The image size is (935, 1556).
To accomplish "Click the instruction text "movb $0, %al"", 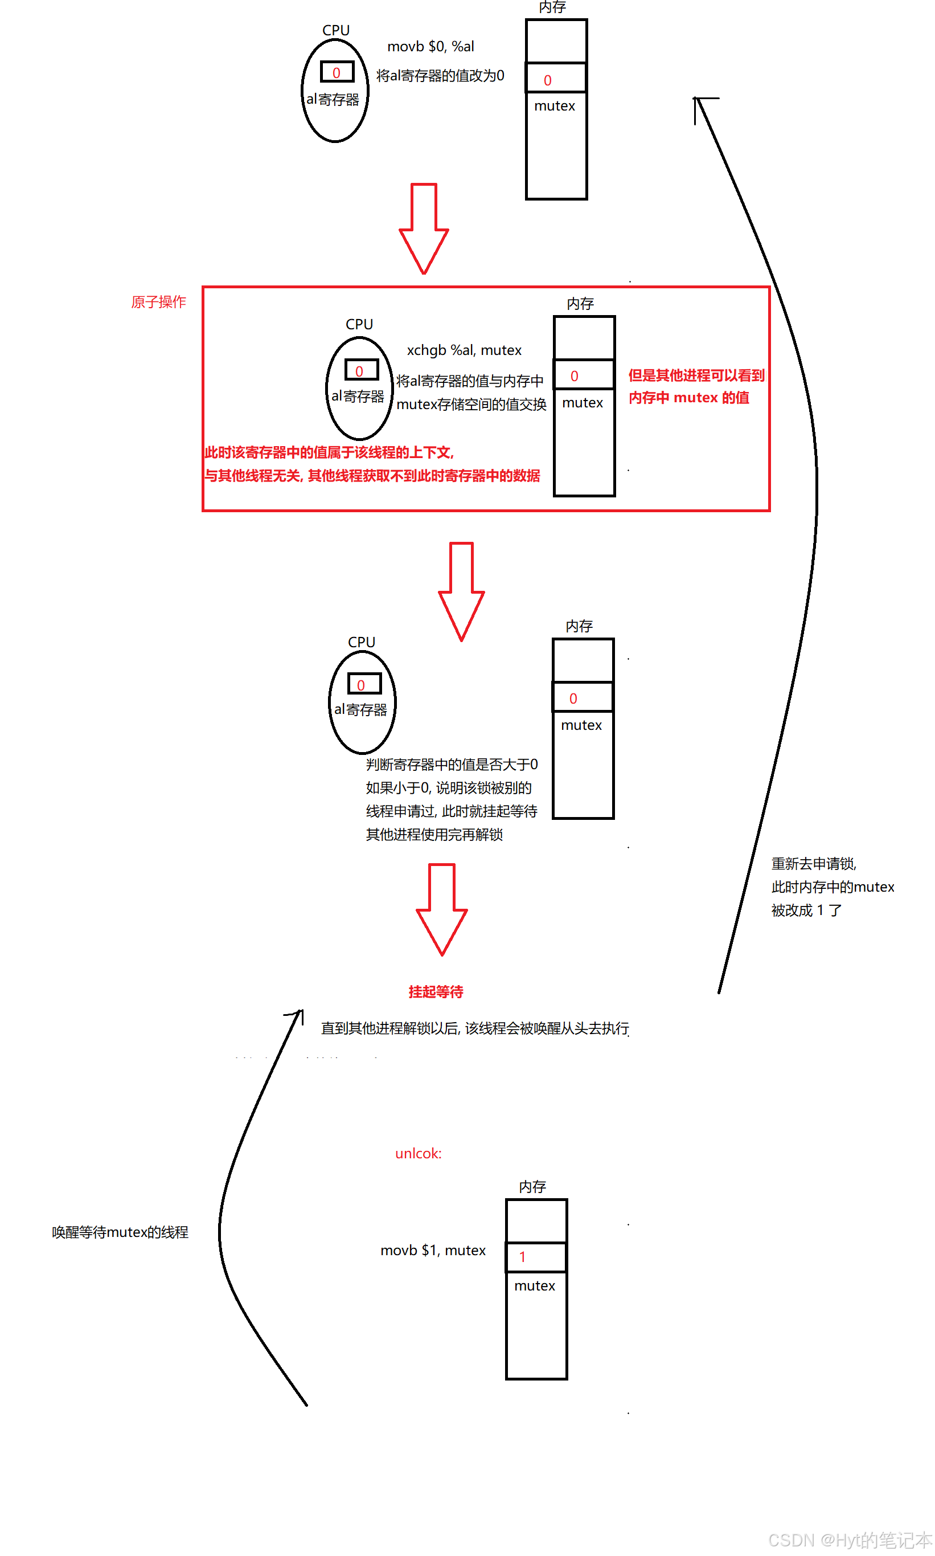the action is [x=430, y=47].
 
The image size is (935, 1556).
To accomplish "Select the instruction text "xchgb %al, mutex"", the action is [x=464, y=350].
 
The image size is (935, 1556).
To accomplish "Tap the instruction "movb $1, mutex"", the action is [x=433, y=1251].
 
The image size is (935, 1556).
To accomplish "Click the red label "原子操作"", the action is [x=159, y=303].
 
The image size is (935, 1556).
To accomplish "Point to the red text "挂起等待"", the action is [x=436, y=992].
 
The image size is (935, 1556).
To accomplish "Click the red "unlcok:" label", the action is [x=419, y=1154].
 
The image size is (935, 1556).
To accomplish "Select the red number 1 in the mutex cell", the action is [x=522, y=1257].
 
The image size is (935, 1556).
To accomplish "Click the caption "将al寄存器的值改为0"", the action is [x=440, y=76].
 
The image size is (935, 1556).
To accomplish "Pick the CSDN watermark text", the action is [x=850, y=1540].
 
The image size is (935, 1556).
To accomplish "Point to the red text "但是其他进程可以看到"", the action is [x=696, y=375].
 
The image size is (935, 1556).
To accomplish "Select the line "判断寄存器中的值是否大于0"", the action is [x=452, y=765].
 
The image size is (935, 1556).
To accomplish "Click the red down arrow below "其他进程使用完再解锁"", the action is [x=442, y=909].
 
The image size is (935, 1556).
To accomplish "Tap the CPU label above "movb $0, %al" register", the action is [x=336, y=30].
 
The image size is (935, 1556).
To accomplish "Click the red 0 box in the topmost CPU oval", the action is [x=337, y=72].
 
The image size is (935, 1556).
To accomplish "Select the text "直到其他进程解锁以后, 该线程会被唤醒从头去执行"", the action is [x=475, y=1029].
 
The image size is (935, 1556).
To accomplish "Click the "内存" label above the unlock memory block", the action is [x=532, y=1187].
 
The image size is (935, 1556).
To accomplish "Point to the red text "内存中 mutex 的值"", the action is [x=689, y=398].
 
